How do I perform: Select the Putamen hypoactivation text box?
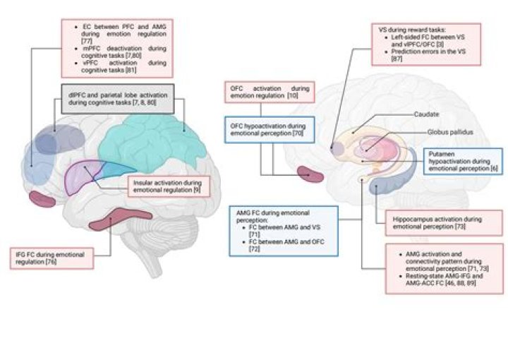point(461,162)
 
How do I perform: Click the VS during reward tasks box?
point(425,45)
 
